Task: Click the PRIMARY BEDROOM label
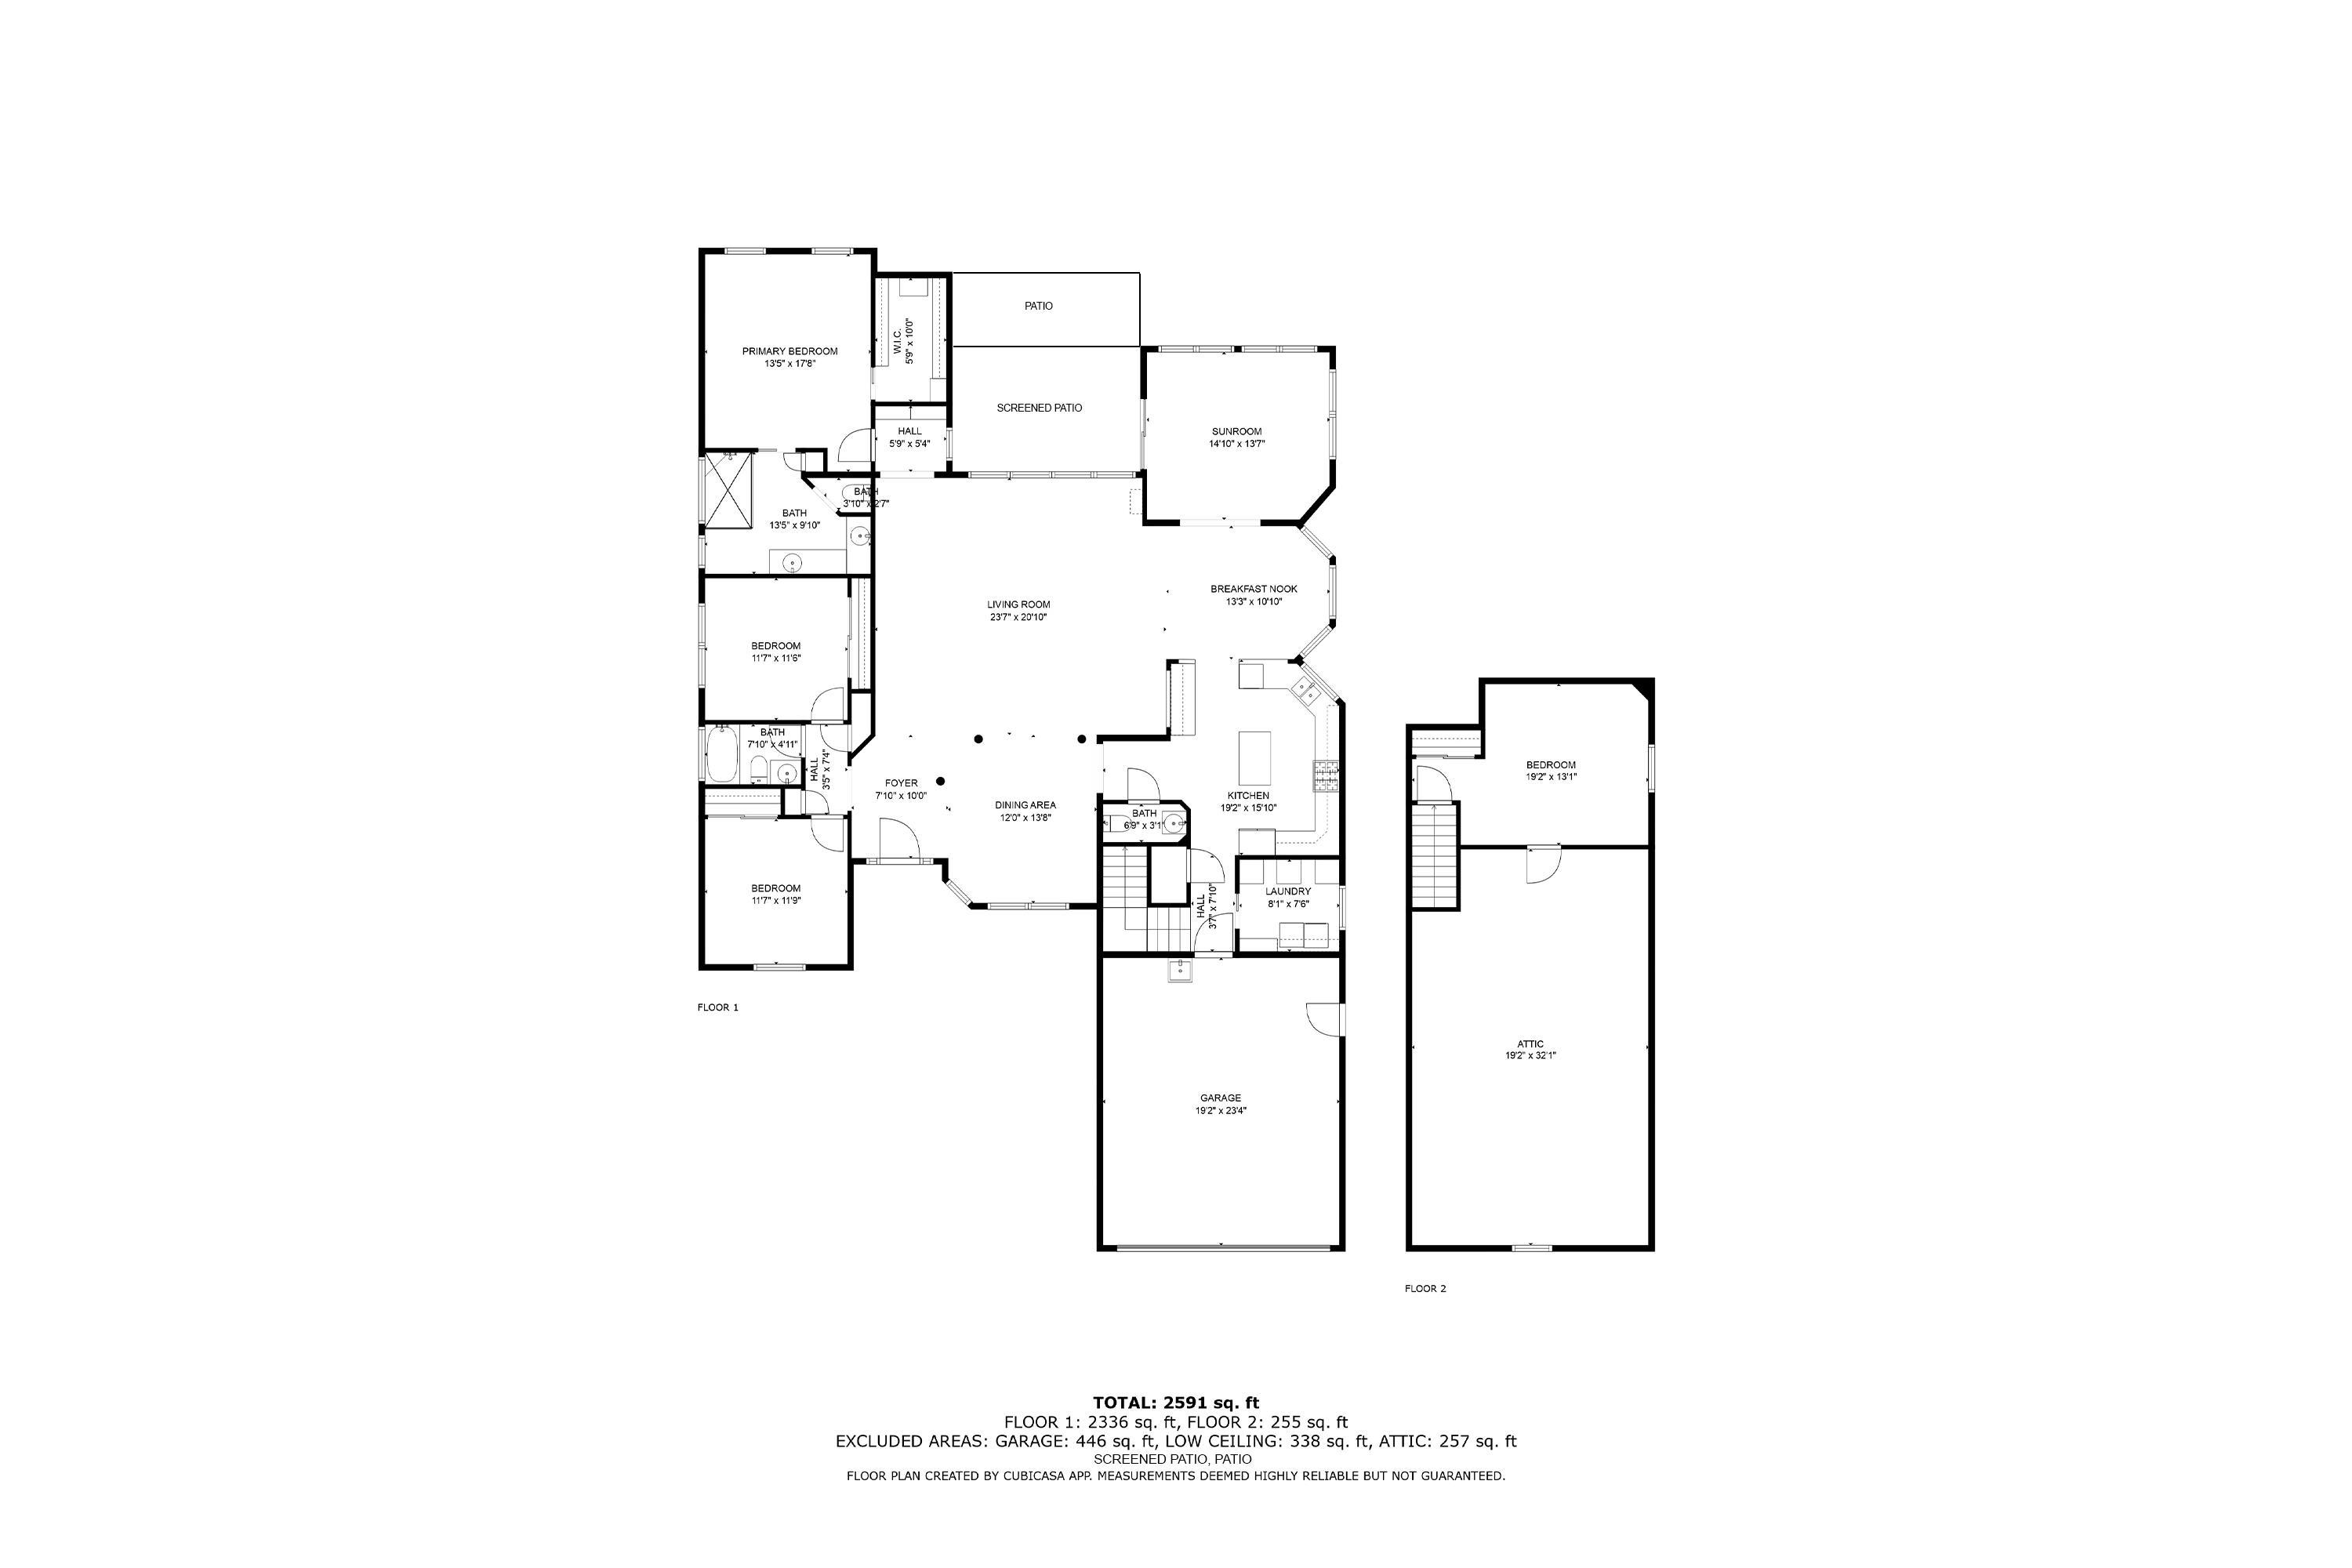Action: point(789,351)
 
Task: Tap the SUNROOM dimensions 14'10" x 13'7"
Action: point(1236,444)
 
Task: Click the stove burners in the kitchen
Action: point(1326,776)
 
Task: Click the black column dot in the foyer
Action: point(940,781)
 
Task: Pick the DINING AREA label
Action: point(1024,805)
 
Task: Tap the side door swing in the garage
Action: point(1324,1019)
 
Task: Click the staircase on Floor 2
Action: point(1434,856)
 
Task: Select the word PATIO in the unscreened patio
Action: point(1038,306)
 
